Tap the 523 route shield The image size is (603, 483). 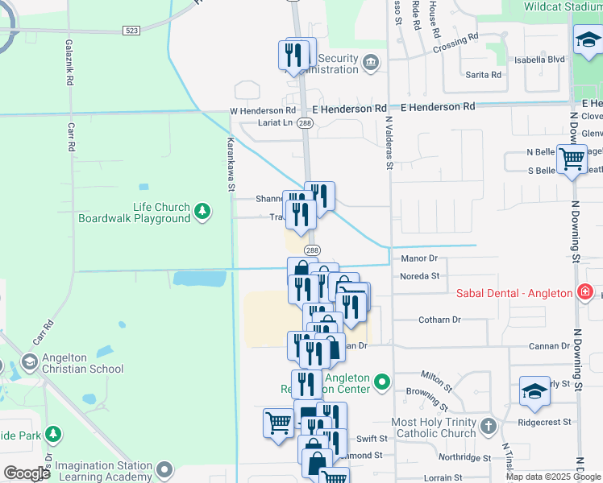[x=132, y=30]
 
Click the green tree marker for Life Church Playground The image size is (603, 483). [x=202, y=212]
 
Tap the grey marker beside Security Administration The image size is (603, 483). [x=371, y=63]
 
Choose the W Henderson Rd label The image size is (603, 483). [x=264, y=110]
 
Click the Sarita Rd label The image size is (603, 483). [x=484, y=75]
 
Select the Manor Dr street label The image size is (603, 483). [x=418, y=258]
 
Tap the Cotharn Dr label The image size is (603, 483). [x=439, y=320]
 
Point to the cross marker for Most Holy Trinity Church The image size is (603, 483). [x=488, y=426]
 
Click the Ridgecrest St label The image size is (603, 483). [x=544, y=421]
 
